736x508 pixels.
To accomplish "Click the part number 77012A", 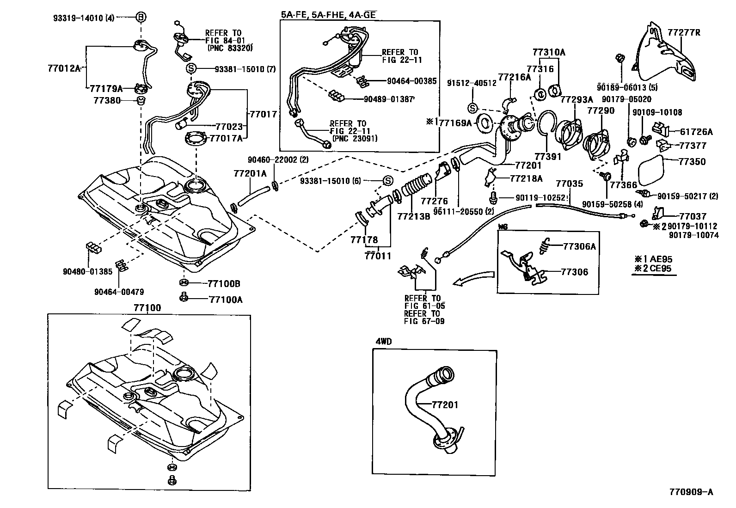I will coord(64,69).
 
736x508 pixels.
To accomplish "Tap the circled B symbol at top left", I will coord(141,18).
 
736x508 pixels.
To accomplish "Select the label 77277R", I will coord(684,33).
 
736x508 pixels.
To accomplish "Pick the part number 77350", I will coord(692,162).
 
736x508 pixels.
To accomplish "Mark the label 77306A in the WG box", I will coord(579,246).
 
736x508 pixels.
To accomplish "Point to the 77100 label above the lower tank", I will coord(147,307).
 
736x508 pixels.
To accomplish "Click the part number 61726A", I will coord(695,132).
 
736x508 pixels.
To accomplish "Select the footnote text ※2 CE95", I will coord(653,269).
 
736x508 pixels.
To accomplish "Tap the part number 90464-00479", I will coord(119,292).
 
